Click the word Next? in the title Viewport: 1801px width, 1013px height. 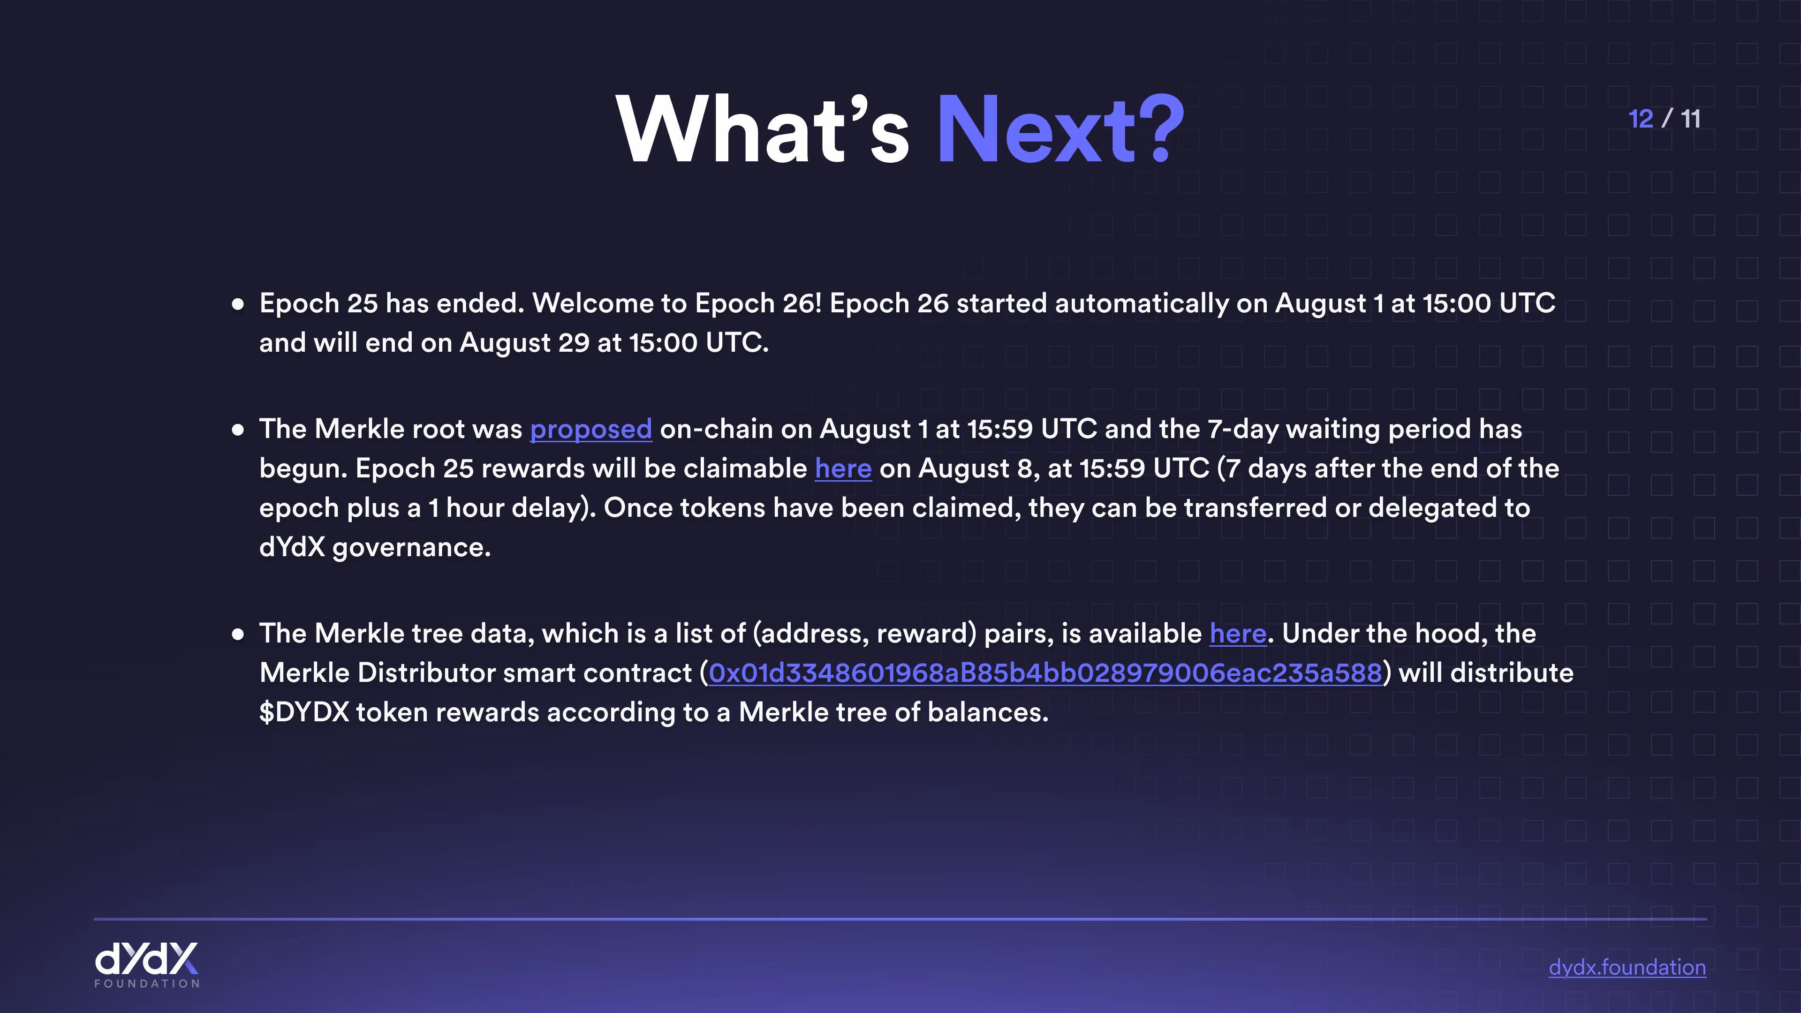tap(1060, 130)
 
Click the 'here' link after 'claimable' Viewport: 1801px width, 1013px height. tap(843, 469)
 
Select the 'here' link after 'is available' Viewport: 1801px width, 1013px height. tap(1238, 634)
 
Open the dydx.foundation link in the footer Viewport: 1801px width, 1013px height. tap(1627, 968)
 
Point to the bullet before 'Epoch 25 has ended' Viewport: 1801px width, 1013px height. tap(238, 304)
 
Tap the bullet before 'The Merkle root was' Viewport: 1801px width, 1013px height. tap(238, 429)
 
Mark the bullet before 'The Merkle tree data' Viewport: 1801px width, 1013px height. tap(238, 634)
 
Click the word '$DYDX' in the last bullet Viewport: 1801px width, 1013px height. tap(304, 712)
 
